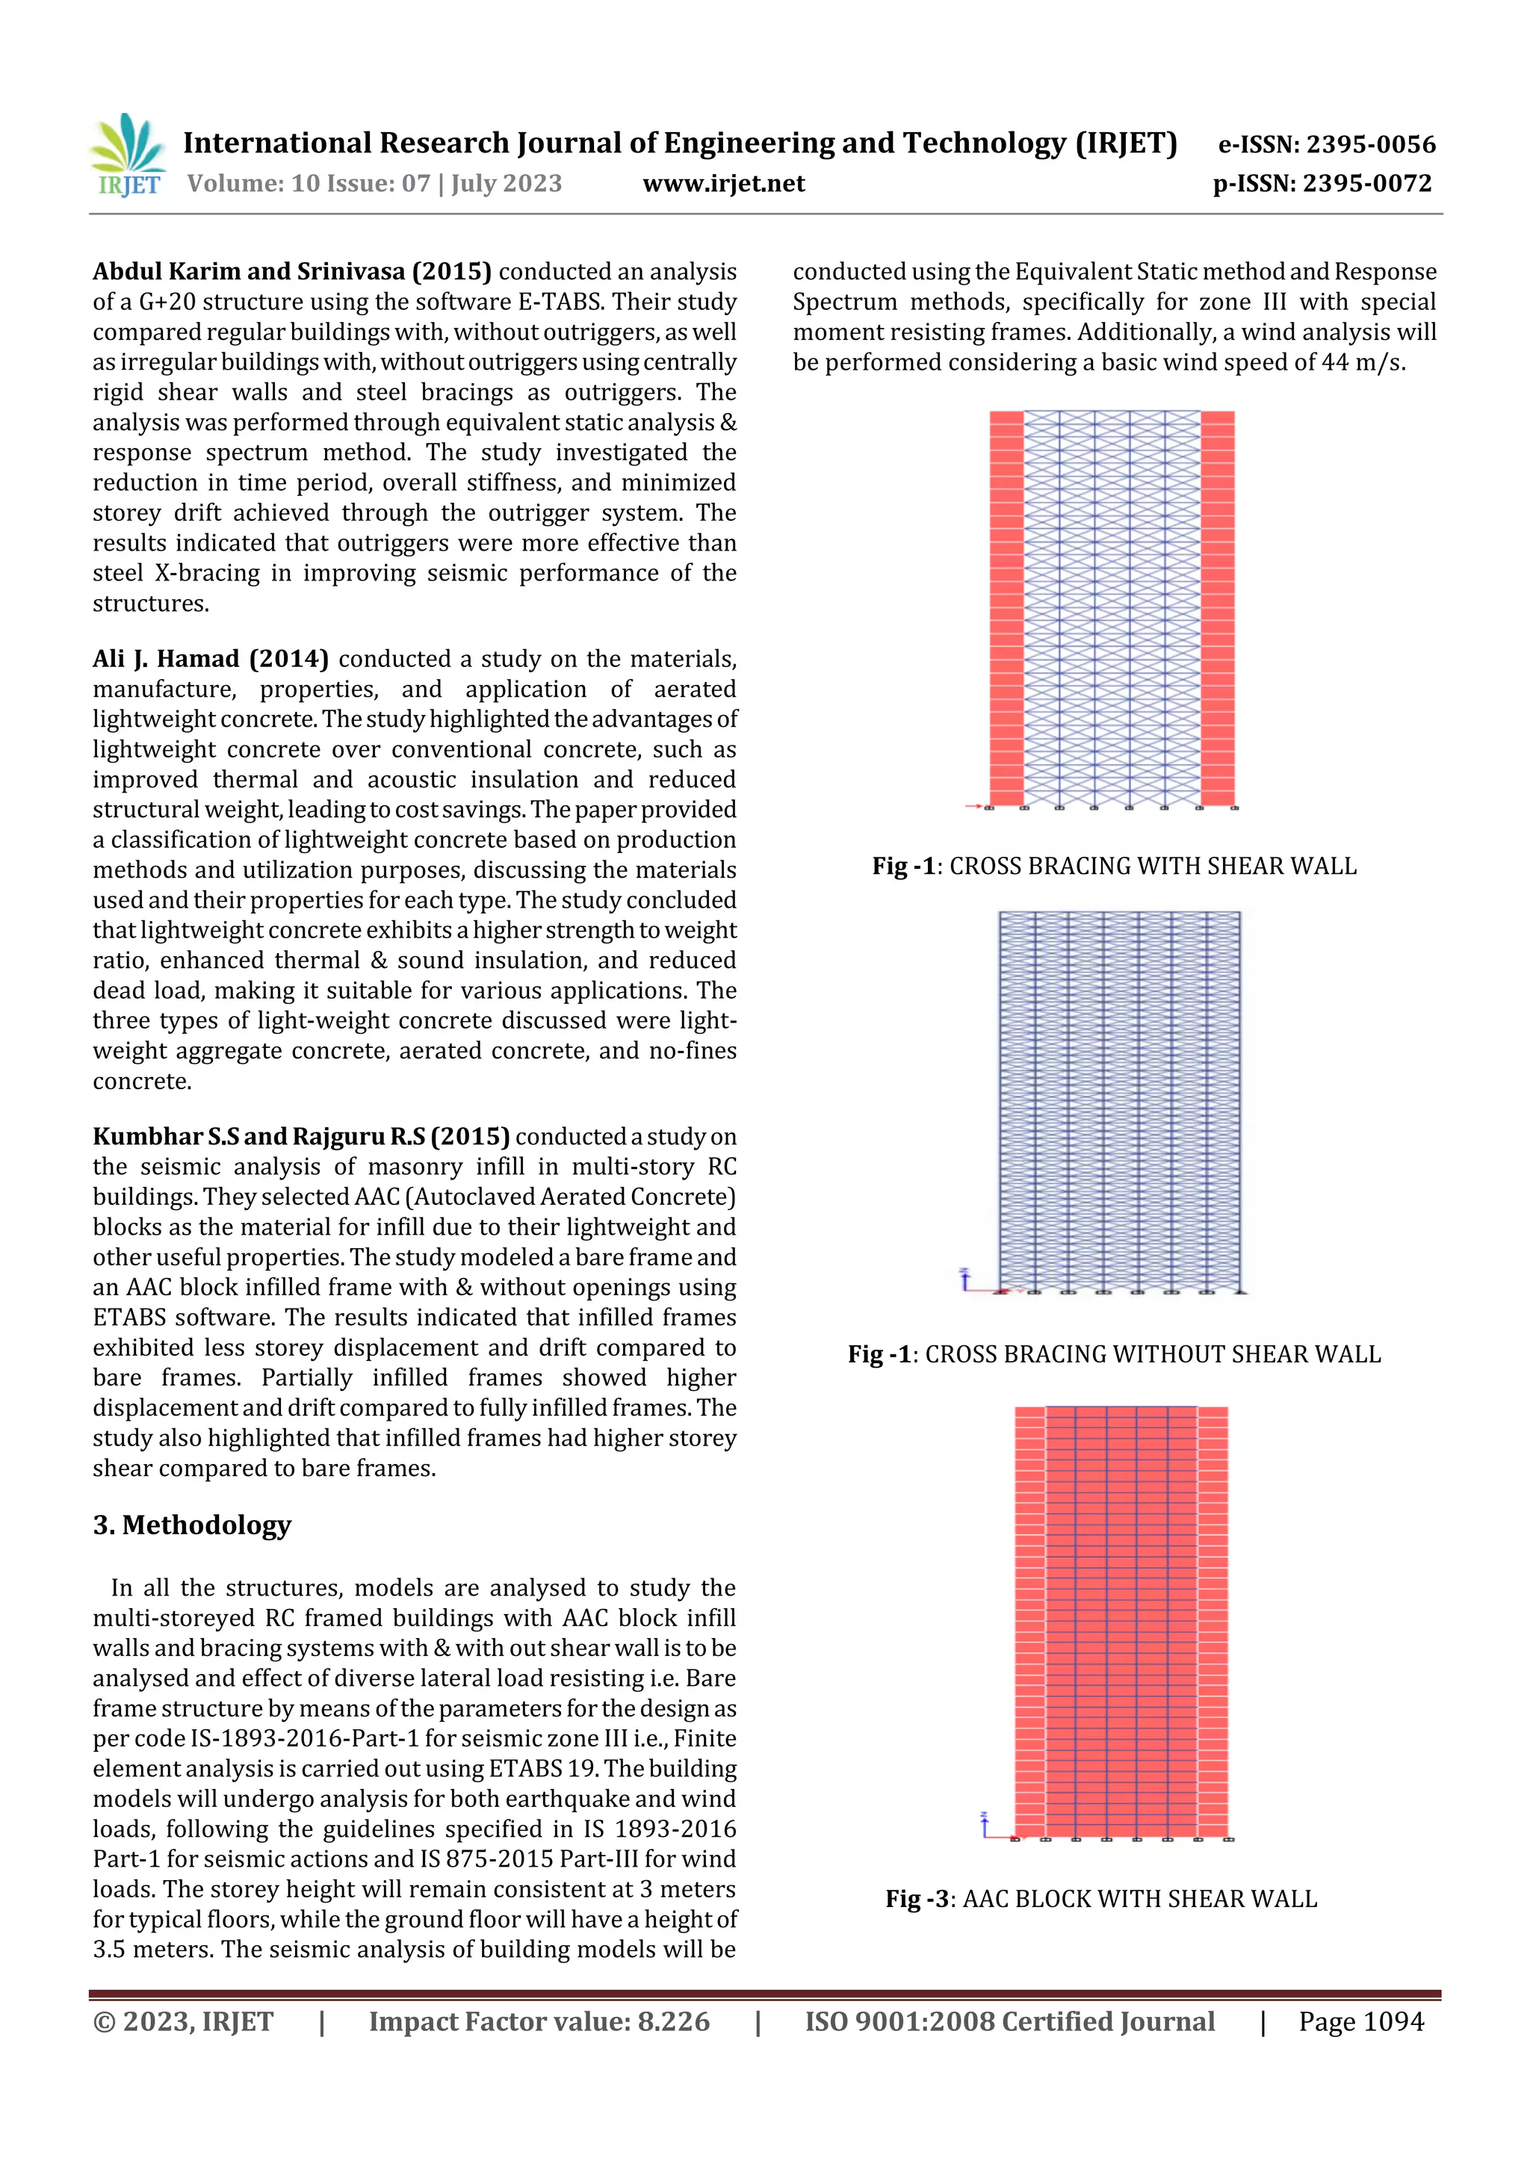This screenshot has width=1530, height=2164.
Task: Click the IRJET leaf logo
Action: (129, 155)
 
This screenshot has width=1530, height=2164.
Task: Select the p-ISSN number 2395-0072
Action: (1367, 184)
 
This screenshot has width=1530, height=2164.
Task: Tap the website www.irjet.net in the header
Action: (723, 184)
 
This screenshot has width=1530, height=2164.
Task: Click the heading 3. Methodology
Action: (192, 1524)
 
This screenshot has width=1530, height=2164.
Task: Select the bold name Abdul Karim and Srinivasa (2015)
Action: (291, 271)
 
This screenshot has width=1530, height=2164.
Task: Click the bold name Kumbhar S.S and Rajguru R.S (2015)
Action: (301, 1137)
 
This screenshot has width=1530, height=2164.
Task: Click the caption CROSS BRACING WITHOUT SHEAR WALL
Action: (1152, 1354)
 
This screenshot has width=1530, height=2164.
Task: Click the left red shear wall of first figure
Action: (1006, 608)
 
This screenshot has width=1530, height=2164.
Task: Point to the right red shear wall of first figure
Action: (1217, 608)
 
